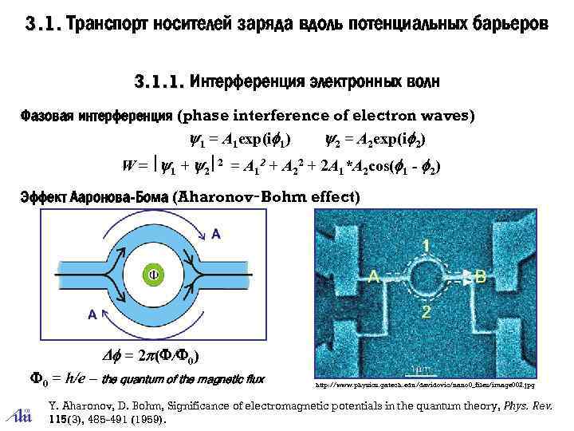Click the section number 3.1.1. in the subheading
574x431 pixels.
[x=159, y=81]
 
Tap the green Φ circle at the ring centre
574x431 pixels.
[x=156, y=274]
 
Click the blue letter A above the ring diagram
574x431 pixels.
[x=215, y=233]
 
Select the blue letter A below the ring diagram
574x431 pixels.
[x=92, y=314]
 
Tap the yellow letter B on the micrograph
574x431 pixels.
[x=480, y=276]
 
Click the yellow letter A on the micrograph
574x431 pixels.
[x=372, y=275]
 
